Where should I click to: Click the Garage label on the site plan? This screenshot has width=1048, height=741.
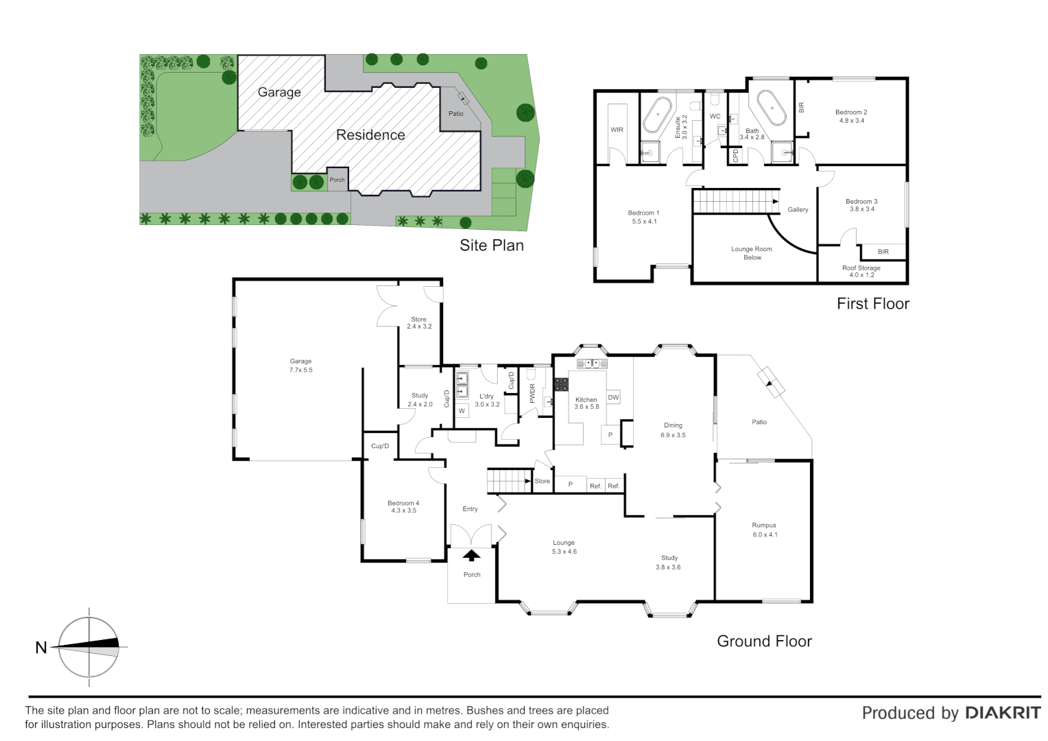(x=279, y=92)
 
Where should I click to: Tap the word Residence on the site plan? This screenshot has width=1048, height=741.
(x=370, y=135)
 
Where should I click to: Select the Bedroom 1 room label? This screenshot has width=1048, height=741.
(x=643, y=217)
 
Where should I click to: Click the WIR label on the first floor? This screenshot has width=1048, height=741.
(x=617, y=130)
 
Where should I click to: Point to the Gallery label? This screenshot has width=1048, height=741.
(x=798, y=210)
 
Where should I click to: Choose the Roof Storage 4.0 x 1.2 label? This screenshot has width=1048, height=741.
(x=861, y=272)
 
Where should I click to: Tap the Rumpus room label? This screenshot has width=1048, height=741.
(x=764, y=530)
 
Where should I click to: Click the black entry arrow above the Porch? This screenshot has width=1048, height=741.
(x=471, y=555)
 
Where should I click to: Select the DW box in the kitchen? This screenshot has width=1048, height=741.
(x=613, y=397)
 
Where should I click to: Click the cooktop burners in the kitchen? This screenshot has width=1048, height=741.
(x=561, y=384)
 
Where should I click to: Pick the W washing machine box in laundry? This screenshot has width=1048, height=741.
(x=462, y=411)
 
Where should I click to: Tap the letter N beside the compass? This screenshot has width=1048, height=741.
(x=41, y=648)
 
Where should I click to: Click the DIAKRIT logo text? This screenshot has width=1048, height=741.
(x=1003, y=714)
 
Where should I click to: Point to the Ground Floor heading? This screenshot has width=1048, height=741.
(x=764, y=642)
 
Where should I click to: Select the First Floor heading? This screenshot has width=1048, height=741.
(x=872, y=304)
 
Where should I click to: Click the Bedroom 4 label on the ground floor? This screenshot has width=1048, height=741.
(x=403, y=506)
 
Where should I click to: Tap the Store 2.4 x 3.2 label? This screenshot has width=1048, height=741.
(x=419, y=322)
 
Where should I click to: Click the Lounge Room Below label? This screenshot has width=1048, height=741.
(x=752, y=253)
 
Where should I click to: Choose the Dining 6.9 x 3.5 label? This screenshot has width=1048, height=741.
(x=673, y=430)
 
